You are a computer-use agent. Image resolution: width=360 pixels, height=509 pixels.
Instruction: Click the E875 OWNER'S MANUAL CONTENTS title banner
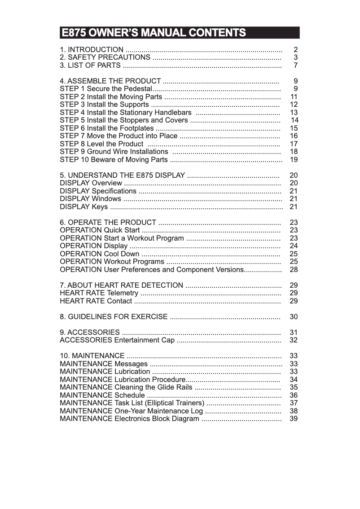coord(180,33)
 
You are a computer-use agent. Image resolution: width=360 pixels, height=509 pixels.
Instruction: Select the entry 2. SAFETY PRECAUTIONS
coord(105,57)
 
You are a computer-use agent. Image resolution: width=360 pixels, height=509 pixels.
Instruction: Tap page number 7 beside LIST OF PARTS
coord(295,66)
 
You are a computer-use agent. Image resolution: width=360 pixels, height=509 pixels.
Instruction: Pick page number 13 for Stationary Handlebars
coord(294,112)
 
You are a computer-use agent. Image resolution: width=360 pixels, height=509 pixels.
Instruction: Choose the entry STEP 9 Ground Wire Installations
coord(114,152)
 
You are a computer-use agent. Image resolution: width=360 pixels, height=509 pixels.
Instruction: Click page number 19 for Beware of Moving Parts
coord(294,159)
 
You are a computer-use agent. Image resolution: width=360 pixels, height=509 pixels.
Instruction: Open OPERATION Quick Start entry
coord(100,230)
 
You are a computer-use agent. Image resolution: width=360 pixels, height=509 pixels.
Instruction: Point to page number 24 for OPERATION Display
coord(294,246)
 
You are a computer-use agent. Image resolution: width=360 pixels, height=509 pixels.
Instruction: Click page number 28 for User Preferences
coord(294,269)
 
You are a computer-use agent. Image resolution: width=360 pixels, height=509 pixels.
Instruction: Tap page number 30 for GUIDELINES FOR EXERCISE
coord(294,316)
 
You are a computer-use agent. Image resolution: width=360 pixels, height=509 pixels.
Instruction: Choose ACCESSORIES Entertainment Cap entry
coord(117,340)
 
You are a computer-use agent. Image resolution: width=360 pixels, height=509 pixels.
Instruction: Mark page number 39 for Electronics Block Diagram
coord(294,418)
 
